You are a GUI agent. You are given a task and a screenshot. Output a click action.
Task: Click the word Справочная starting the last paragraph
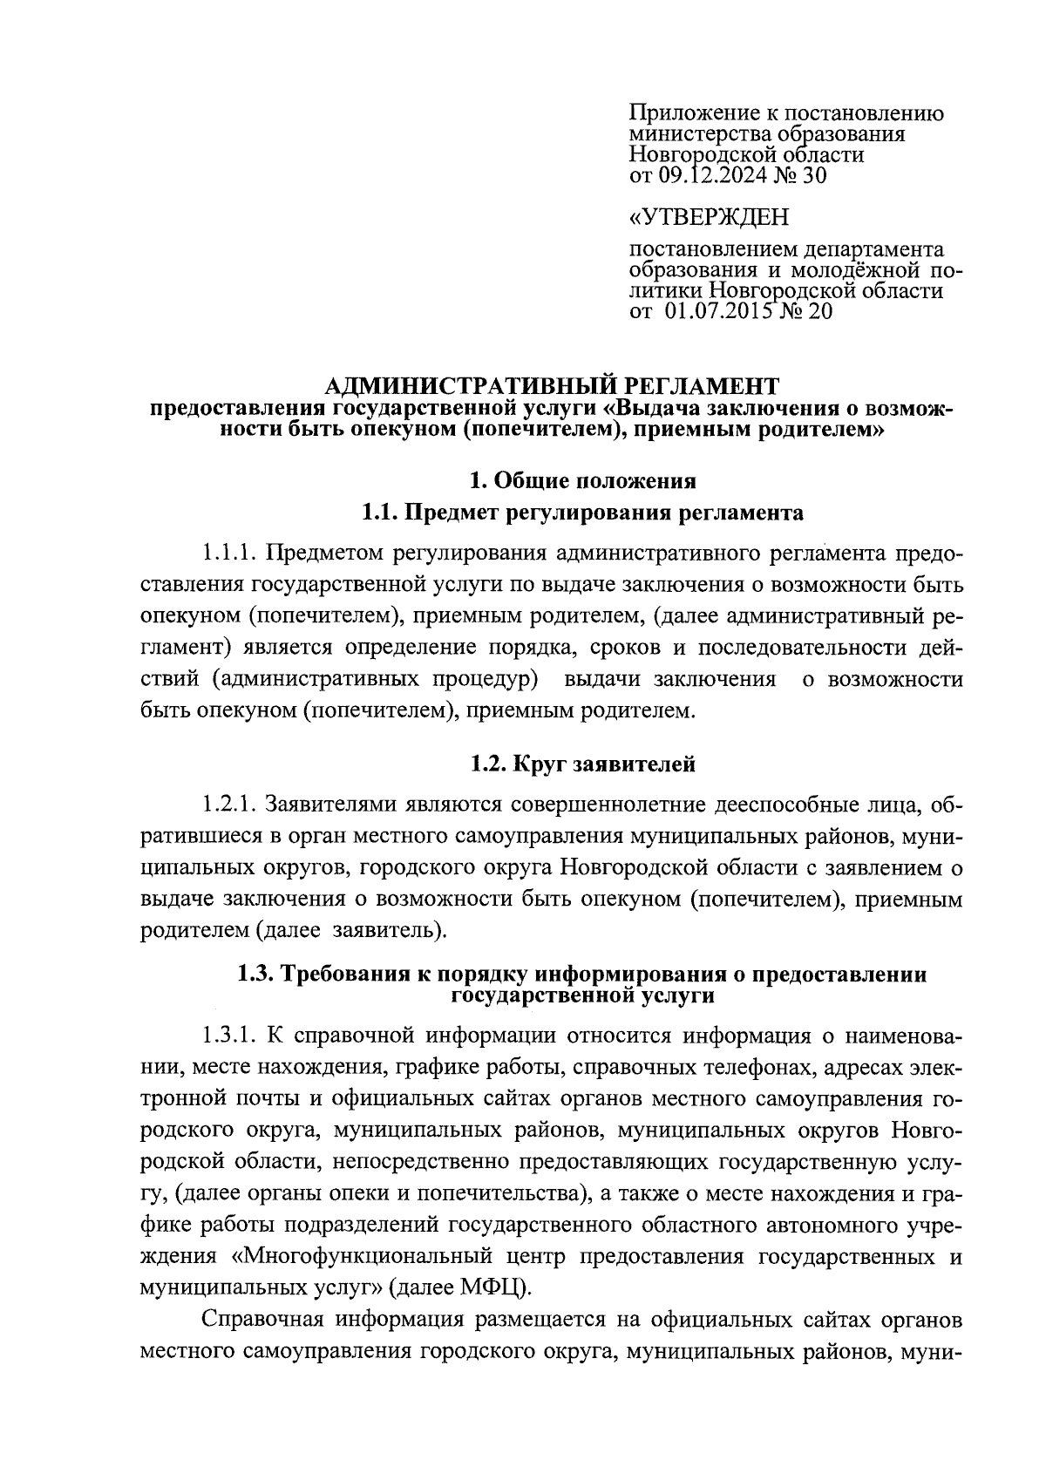pyautogui.click(x=262, y=1319)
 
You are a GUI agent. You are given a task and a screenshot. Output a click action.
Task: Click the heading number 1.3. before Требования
pyautogui.click(x=256, y=975)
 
